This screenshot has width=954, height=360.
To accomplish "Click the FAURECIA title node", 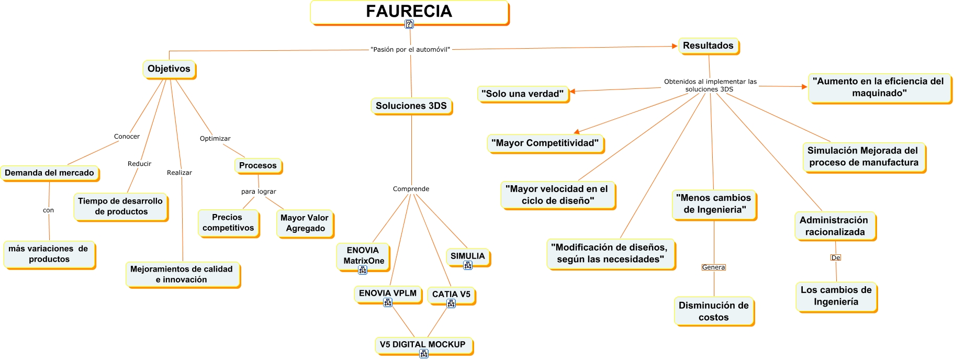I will pyautogui.click(x=409, y=12).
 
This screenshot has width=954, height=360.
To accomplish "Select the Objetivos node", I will pyautogui.click(x=169, y=69).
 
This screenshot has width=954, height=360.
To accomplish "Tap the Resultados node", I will pyautogui.click(x=708, y=46).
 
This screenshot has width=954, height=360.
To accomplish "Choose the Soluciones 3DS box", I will pyautogui.click(x=411, y=106).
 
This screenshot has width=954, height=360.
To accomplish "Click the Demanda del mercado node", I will pyautogui.click(x=49, y=173).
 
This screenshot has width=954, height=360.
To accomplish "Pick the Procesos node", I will pyautogui.click(x=257, y=165).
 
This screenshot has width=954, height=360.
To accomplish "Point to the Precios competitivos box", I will pyautogui.click(x=228, y=222).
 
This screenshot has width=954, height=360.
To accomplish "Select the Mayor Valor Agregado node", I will pyautogui.click(x=305, y=223).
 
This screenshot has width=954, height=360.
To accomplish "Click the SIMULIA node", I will pyautogui.click(x=467, y=256).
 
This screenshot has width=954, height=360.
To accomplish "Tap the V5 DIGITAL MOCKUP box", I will pyautogui.click(x=422, y=344).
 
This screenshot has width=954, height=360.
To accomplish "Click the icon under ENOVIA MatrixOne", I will pyautogui.click(x=363, y=270).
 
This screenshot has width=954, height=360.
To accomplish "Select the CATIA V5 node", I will pyautogui.click(x=451, y=294).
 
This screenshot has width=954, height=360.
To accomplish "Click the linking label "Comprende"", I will pyautogui.click(x=411, y=189).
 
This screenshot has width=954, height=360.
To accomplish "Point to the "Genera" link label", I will pyautogui.click(x=713, y=267).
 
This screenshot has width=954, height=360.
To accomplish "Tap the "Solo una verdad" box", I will pyautogui.click(x=522, y=94).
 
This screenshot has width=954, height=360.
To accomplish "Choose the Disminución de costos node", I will pyautogui.click(x=713, y=311).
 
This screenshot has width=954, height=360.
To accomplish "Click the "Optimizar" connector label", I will pyautogui.click(x=215, y=139).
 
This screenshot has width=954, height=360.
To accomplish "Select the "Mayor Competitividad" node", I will pyautogui.click(x=545, y=143).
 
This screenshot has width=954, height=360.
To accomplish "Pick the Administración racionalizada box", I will pyautogui.click(x=835, y=226).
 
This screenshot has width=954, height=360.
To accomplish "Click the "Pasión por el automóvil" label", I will pyautogui.click(x=410, y=50).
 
